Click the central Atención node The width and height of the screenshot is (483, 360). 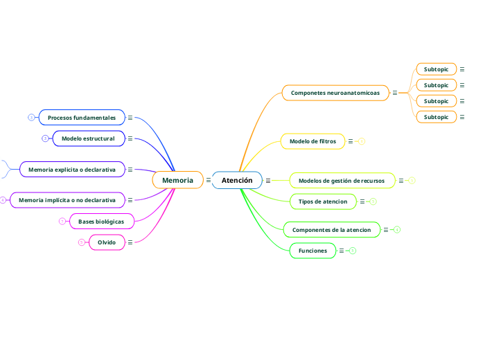point(237,180)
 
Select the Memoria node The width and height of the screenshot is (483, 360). point(177,180)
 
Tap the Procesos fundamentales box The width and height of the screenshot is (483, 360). point(82,118)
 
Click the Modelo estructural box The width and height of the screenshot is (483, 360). point(89,138)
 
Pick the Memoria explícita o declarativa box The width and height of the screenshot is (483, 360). point(72,170)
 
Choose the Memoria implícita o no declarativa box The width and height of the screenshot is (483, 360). point(67,200)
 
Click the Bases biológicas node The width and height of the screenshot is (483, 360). point(102,222)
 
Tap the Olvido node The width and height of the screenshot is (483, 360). point(107,242)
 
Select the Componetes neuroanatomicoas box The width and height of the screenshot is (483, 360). point(335,93)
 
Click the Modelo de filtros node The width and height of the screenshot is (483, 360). point(313,141)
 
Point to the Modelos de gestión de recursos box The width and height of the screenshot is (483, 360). point(342,181)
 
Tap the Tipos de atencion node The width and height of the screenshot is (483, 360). point(323,201)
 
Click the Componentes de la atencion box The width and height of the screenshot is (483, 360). point(332,230)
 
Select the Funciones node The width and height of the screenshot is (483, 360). point(313,251)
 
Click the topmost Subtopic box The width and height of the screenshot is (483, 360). point(436,69)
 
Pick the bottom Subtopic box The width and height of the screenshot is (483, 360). point(436,117)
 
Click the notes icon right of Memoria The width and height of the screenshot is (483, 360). point(209,180)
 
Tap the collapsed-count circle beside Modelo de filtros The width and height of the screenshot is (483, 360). point(362,141)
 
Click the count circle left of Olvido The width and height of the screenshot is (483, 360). point(82,242)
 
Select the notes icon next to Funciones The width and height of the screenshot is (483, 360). point(342,251)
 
